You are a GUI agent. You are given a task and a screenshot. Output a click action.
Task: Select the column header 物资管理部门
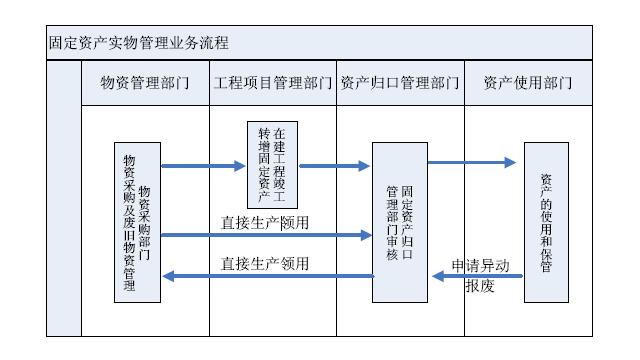pyautogui.click(x=145, y=82)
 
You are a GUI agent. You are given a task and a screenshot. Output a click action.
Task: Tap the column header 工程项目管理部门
pyautogui.click(x=272, y=82)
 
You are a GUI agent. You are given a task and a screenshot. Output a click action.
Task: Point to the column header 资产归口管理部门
pyautogui.click(x=400, y=82)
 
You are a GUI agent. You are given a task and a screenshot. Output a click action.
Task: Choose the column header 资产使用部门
pyautogui.click(x=528, y=82)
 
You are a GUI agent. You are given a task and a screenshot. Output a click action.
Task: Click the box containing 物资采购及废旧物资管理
pyautogui.click(x=137, y=221)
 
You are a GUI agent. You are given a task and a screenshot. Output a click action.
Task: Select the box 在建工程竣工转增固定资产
pyautogui.click(x=272, y=163)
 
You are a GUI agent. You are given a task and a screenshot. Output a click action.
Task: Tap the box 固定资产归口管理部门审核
pyautogui.click(x=400, y=221)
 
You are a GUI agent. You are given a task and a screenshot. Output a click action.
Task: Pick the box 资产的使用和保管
pyautogui.click(x=546, y=221)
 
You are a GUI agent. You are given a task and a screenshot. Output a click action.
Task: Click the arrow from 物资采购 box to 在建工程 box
pyautogui.click(x=203, y=166)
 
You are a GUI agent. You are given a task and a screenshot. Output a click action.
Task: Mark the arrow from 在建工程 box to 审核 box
pyautogui.click(x=334, y=166)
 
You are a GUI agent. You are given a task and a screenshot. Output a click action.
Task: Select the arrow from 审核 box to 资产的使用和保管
pyautogui.click(x=470, y=162)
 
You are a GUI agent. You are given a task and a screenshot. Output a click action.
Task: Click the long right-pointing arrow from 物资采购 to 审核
pyautogui.click(x=265, y=236)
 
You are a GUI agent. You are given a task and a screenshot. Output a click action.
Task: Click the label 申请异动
pyautogui.click(x=480, y=265)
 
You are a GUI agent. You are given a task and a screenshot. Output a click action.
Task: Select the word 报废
pyautogui.click(x=480, y=286)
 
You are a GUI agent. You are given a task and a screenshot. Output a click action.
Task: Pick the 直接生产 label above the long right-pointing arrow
pyautogui.click(x=265, y=223)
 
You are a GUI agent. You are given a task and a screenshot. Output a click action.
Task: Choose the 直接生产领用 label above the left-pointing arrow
pyautogui.click(x=265, y=264)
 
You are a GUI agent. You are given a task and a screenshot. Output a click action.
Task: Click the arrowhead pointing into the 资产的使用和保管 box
pyautogui.click(x=510, y=162)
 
